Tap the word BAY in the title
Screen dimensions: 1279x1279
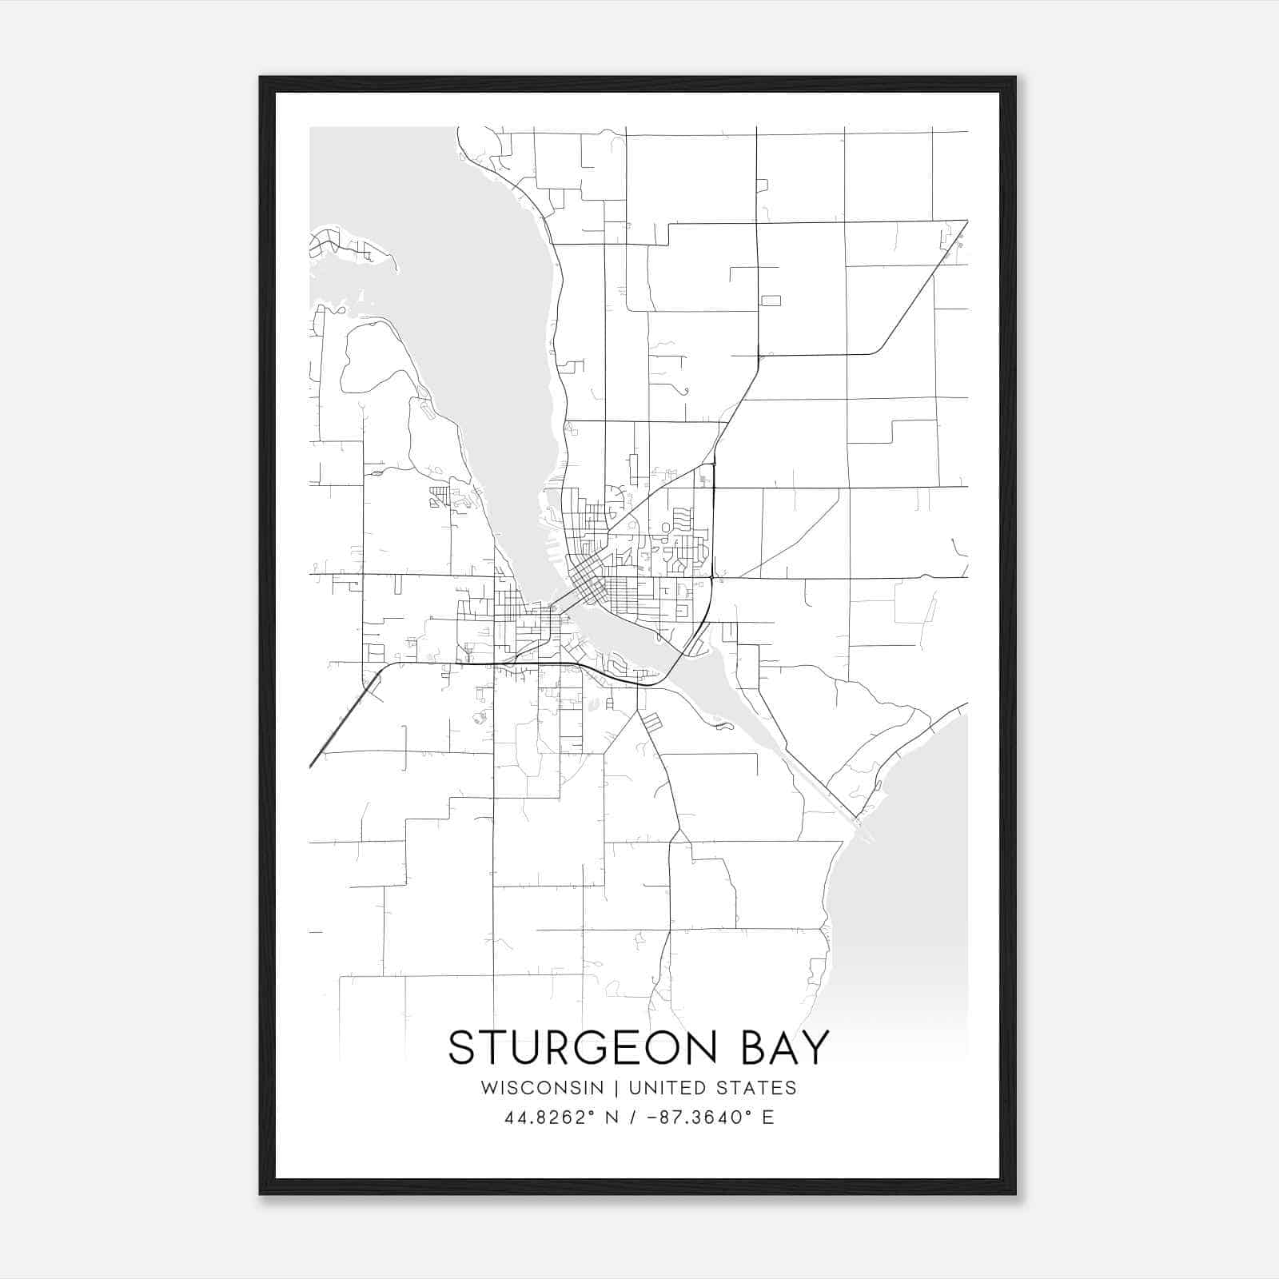pyautogui.click(x=786, y=1047)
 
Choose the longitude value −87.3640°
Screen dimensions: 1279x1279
pyautogui.click(x=687, y=1118)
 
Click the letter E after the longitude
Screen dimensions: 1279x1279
pyautogui.click(x=767, y=1118)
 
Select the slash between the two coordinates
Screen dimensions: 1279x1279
pyautogui.click(x=634, y=1118)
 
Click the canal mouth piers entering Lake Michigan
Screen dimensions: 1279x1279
pyautogui.click(x=863, y=827)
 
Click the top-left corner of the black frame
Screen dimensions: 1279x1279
pyautogui.click(x=261, y=78)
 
